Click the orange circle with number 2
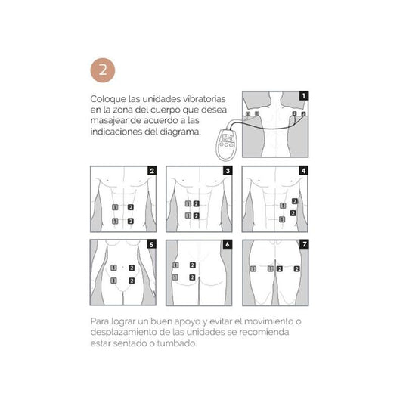point(103,70)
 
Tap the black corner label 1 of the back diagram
point(303,96)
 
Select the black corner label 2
point(152,170)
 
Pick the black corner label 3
point(228,170)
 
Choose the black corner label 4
point(303,170)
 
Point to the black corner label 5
point(151,244)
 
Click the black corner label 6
point(228,244)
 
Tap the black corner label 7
point(304,244)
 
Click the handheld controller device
point(226,144)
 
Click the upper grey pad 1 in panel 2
point(115,207)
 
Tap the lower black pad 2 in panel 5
point(132,281)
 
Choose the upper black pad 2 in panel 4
point(295,201)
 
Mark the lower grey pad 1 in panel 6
point(175,277)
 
